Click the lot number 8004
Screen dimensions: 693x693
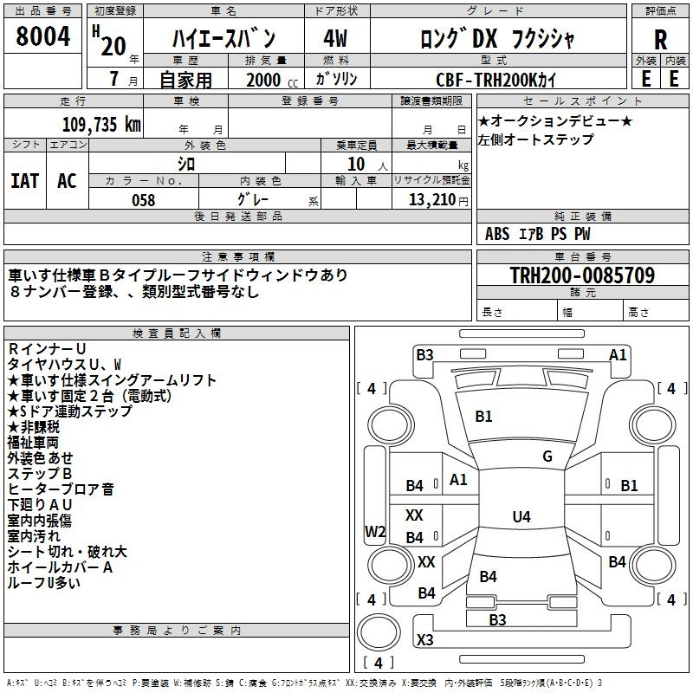point(42,38)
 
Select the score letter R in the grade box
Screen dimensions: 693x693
point(660,40)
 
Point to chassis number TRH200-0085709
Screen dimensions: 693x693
point(582,275)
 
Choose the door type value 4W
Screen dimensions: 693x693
point(335,39)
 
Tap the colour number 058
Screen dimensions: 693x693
point(143,199)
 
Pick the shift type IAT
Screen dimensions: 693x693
point(24,180)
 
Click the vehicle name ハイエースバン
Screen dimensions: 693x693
point(224,39)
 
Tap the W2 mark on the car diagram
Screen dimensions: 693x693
point(375,532)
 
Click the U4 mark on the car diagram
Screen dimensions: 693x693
point(521,517)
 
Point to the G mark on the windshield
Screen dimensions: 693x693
point(547,457)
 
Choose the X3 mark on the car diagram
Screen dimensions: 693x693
point(424,640)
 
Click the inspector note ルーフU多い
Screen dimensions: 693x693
point(44,583)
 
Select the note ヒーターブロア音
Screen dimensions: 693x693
point(61,489)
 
